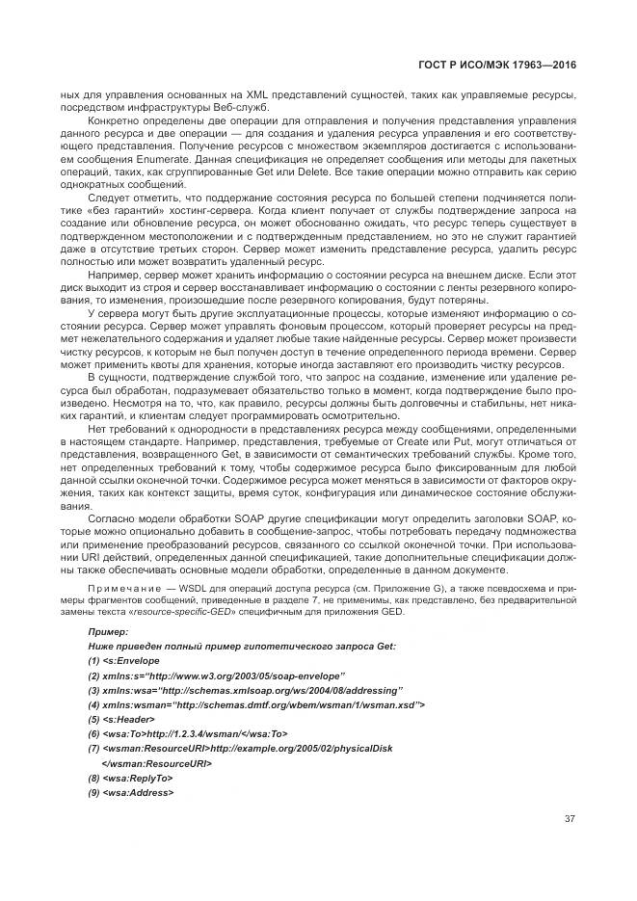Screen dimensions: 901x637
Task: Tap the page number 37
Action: tap(570, 820)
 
